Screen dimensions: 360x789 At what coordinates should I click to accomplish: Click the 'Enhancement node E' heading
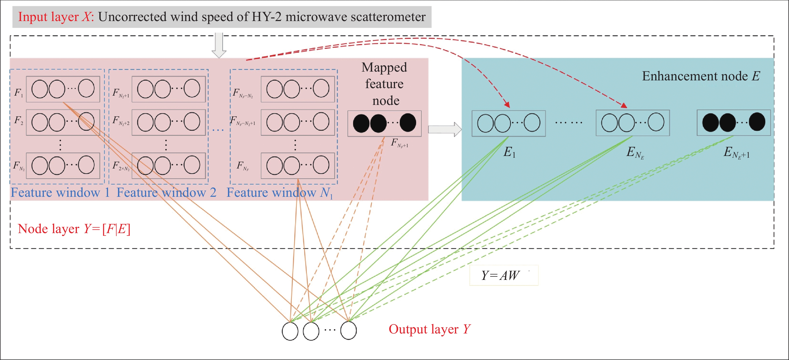(701, 76)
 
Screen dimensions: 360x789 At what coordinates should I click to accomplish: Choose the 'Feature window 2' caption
(166, 193)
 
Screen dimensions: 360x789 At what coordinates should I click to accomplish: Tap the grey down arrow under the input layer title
(219, 45)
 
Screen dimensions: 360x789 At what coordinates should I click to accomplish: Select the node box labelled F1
(63, 89)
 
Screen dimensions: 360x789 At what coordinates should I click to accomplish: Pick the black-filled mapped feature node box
(384, 123)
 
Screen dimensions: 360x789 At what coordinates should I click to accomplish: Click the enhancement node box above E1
(508, 123)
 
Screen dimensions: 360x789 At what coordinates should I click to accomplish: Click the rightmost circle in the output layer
(348, 330)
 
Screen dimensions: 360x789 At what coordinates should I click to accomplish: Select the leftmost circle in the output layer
(290, 331)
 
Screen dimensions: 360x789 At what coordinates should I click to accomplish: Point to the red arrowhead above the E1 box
(507, 105)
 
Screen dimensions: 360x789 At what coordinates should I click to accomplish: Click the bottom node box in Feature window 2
(169, 166)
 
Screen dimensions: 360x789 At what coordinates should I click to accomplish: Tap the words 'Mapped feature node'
(385, 84)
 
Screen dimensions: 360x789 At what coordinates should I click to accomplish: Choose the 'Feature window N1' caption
(279, 193)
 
